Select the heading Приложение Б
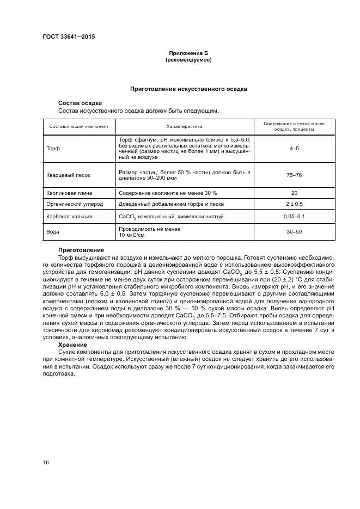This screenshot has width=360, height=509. pos(188,53)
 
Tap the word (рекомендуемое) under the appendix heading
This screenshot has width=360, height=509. pos(188,60)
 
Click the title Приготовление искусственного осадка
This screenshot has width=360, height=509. pos(188,88)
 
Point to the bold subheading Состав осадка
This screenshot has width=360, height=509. pos(80,103)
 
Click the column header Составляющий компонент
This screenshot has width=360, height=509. pos(79,127)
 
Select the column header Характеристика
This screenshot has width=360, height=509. pos(184,127)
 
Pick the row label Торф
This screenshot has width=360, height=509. pos(53,149)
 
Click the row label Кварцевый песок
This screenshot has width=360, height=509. pos(68,175)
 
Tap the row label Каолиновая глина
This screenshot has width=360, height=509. pos(69,193)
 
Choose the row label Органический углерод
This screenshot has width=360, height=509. pos(74,204)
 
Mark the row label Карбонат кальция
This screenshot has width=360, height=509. pos(69,217)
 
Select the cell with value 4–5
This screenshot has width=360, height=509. pos(294,149)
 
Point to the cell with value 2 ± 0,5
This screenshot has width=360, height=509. pos(294,204)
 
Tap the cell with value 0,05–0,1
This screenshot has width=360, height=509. pos(294,217)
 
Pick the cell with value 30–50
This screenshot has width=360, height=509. pos(294,232)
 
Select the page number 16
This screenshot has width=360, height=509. pos(46,462)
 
